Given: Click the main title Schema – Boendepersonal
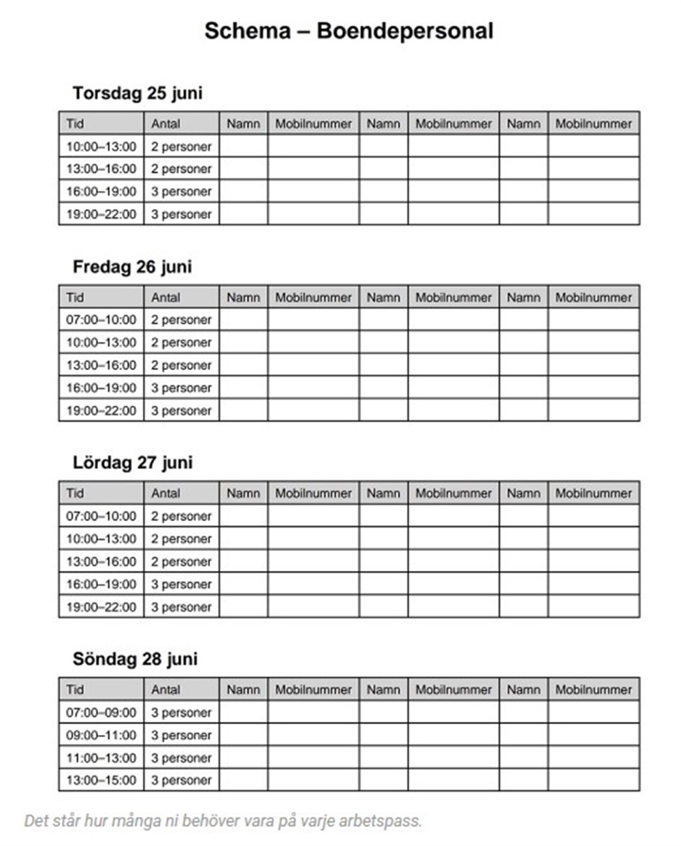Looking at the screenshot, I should click(349, 31).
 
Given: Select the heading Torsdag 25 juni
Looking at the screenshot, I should click(138, 93).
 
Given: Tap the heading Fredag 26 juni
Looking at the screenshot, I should click(132, 267).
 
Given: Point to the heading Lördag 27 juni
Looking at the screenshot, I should click(133, 463).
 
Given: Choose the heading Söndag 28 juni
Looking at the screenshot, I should click(135, 659).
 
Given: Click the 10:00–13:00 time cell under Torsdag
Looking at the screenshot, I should click(101, 146).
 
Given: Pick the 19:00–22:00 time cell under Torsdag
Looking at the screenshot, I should click(101, 214).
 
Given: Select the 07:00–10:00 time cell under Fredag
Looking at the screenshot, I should click(101, 319).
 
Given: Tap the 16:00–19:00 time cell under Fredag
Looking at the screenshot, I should click(101, 388).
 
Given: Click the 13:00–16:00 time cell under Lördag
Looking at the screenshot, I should click(101, 561).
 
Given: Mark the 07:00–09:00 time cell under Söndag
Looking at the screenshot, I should click(101, 712).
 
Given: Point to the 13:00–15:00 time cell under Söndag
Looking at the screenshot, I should click(101, 780).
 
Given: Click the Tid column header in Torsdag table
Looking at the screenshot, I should click(75, 123).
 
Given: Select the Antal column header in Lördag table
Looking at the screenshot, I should click(165, 493).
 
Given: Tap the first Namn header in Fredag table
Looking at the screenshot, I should click(243, 297).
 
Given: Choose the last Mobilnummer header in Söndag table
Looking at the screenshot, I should click(593, 689).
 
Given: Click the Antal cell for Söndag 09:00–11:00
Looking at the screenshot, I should click(181, 735).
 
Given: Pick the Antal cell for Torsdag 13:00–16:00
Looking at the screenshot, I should click(181, 169).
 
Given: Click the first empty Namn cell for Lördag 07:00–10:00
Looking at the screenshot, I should click(243, 516).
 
